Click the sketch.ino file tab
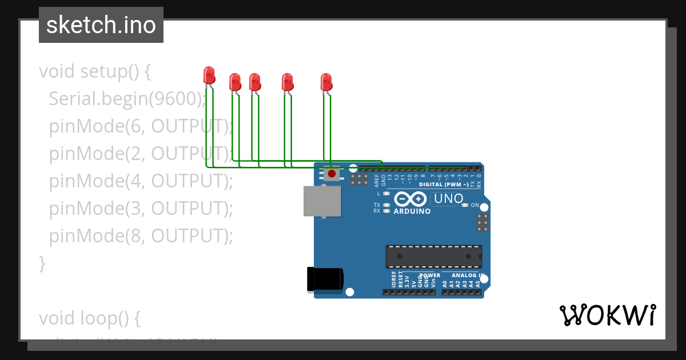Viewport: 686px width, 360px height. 101,25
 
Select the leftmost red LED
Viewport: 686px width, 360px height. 209,75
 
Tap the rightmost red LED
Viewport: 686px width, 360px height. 326,81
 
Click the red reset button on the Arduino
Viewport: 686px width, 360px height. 332,173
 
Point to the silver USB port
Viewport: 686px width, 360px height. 322,201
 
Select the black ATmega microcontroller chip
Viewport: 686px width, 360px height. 433,257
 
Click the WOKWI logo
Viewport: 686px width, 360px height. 607,315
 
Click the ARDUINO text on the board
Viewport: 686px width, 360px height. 412,211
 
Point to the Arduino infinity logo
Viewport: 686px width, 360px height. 410,199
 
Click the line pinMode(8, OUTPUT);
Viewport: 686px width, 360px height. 141,236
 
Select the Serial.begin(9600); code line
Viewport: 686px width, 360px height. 127,99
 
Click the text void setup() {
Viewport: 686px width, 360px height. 94,71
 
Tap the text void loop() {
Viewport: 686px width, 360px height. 89,317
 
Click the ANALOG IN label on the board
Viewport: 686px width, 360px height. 466,275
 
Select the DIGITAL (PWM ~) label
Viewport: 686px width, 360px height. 444,185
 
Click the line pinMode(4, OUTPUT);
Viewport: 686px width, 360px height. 141,181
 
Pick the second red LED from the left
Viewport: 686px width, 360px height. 234,82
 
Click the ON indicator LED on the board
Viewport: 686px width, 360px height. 465,205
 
